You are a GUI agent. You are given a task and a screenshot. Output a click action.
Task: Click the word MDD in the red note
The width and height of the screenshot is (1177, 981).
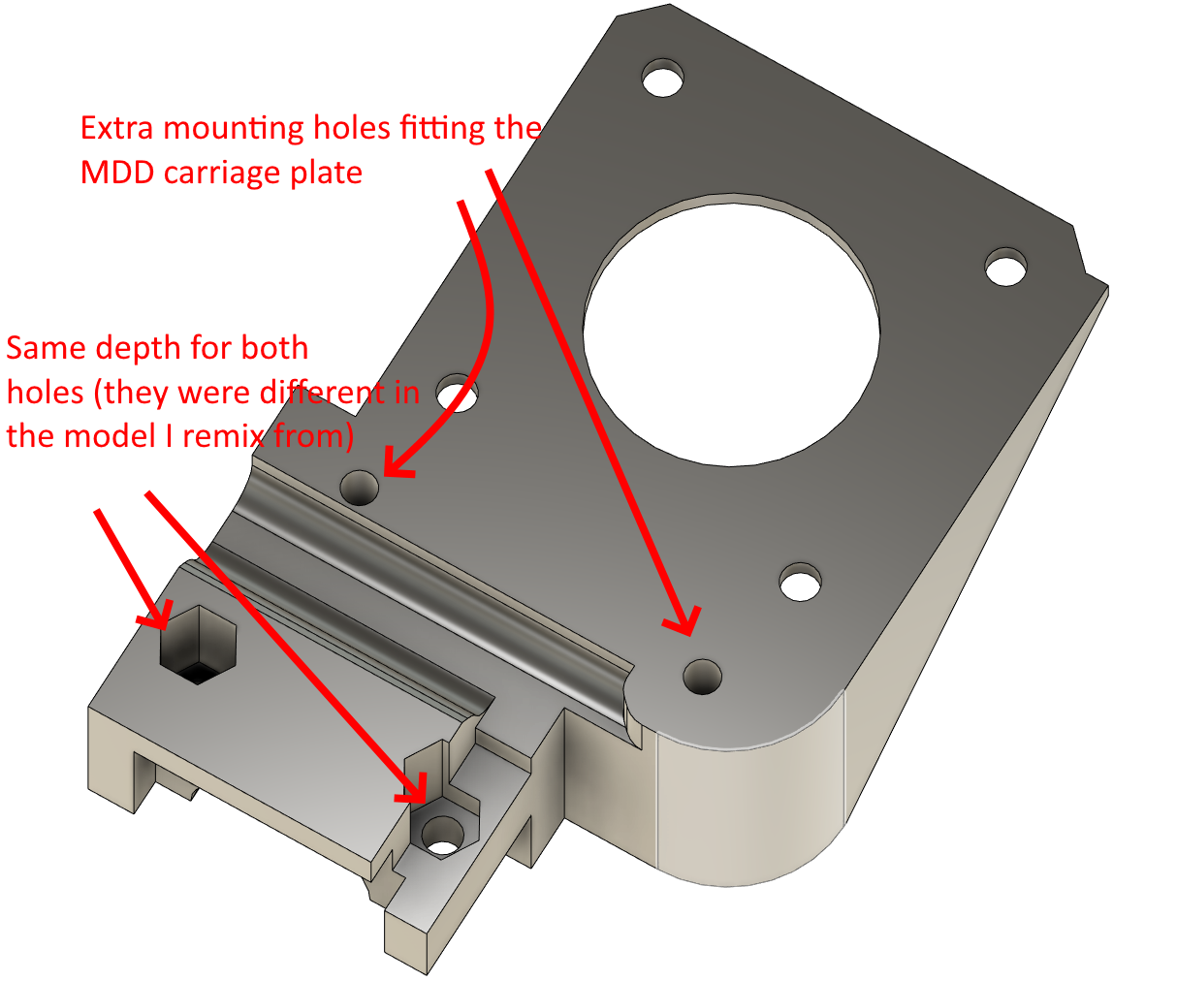117,173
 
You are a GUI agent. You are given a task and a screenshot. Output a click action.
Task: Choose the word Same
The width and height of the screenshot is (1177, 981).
46,348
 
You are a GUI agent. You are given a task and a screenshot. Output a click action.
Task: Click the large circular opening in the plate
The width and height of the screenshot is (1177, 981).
731,332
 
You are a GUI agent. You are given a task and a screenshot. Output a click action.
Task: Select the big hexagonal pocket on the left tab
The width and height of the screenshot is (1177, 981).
197,645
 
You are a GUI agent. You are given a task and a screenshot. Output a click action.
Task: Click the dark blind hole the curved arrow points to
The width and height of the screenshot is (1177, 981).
359,488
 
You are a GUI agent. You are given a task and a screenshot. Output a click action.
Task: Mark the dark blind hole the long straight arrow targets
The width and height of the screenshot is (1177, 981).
702,677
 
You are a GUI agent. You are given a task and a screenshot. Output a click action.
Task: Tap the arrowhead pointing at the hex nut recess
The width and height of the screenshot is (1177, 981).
414,787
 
